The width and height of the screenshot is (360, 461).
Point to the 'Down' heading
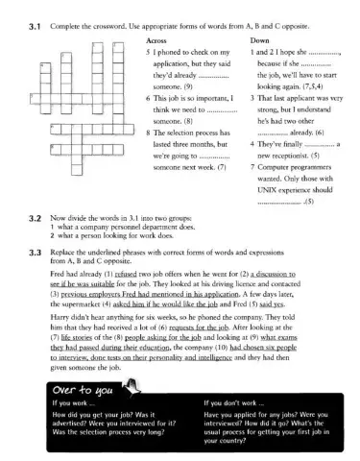(260, 42)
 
